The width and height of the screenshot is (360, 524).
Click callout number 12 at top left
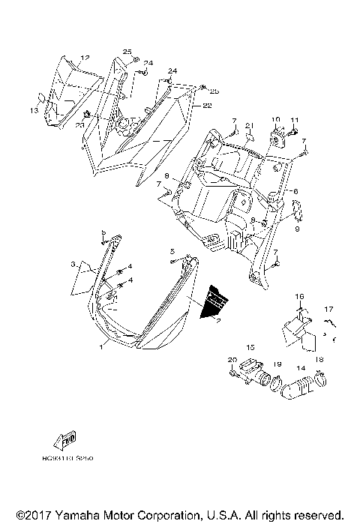click(85, 58)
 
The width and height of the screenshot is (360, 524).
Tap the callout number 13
click(34, 110)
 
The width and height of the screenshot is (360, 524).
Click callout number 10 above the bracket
click(275, 120)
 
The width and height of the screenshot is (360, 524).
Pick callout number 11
click(295, 120)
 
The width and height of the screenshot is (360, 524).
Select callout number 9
click(297, 229)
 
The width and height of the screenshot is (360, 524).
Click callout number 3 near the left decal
click(73, 265)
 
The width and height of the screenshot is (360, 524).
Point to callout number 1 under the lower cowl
click(102, 348)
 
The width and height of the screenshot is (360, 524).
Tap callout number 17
click(328, 309)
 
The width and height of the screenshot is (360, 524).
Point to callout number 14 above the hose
click(300, 368)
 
